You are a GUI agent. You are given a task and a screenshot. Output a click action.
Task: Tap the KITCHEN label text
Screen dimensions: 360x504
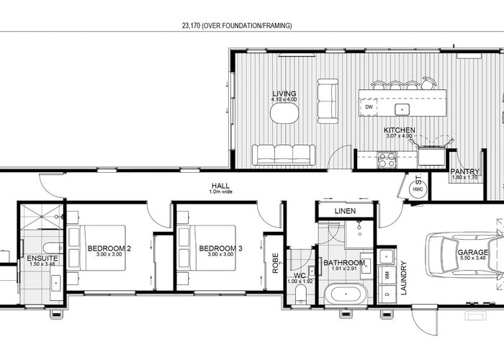coord(400,130)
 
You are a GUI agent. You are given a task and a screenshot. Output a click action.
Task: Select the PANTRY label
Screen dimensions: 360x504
coord(460,171)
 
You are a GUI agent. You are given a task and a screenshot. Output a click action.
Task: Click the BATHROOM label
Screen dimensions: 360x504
coord(343,263)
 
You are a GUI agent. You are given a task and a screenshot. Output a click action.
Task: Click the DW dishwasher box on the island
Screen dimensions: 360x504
coord(369,107)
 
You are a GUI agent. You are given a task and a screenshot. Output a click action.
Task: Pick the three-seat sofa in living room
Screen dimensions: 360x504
coord(283,154)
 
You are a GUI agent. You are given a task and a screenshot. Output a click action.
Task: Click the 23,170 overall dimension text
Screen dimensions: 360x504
coord(237,25)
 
